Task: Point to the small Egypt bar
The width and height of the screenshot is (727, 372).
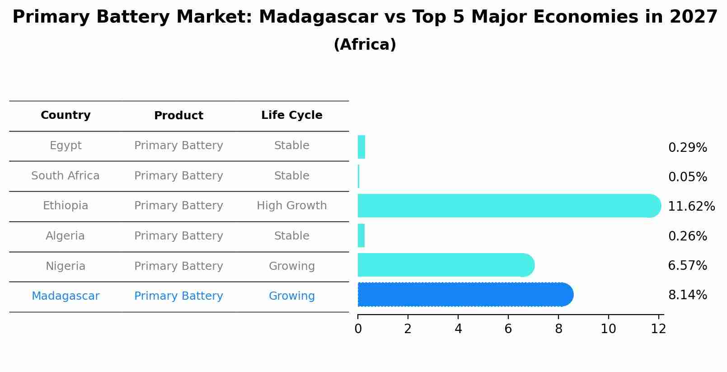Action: click(361, 147)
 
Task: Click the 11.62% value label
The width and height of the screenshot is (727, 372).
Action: click(691, 207)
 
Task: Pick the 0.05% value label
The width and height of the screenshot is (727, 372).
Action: click(687, 177)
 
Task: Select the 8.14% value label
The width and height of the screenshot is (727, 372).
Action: click(687, 295)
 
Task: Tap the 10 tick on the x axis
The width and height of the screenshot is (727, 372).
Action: click(608, 329)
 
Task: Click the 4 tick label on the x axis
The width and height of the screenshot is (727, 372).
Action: click(458, 329)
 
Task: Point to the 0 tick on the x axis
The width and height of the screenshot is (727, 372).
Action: click(358, 329)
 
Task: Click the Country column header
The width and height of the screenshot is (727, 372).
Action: click(66, 115)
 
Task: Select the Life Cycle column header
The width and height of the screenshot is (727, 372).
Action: click(291, 115)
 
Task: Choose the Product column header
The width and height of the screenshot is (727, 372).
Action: click(178, 116)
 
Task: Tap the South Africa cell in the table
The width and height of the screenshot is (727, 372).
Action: click(66, 176)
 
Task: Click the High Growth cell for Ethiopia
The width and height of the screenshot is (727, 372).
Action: click(291, 206)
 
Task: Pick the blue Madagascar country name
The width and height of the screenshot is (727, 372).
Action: click(66, 296)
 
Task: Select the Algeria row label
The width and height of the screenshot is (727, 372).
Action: click(66, 236)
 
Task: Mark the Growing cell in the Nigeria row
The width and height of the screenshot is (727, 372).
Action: click(291, 266)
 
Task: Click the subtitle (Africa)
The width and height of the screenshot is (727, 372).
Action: click(365, 45)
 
